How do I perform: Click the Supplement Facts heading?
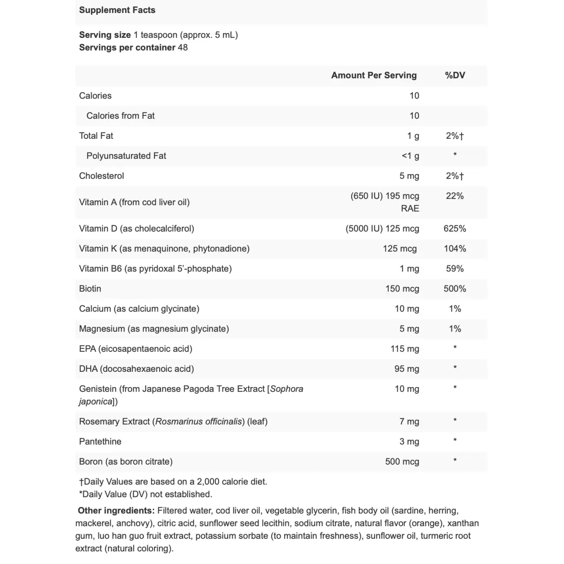[117, 10]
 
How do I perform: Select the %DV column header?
[455, 75]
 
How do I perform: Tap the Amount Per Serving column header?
[374, 75]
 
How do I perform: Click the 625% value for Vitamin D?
[455, 228]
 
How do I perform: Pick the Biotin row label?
[90, 289]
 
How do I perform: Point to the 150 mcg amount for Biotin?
[402, 289]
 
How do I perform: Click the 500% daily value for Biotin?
[455, 289]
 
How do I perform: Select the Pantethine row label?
[100, 441]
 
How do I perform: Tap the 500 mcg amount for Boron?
[402, 461]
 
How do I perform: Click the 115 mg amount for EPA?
[405, 348]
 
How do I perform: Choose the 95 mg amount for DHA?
[407, 369]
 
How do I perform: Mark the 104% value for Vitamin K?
[455, 249]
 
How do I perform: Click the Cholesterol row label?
[102, 176]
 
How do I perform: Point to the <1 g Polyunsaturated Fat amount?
[410, 156]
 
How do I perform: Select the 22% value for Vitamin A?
[455, 196]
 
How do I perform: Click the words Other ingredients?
[116, 510]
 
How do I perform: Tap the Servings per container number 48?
[183, 47]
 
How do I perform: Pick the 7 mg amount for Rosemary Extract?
[409, 421]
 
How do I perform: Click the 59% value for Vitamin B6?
[455, 269]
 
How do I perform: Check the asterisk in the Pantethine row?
[455, 440]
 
